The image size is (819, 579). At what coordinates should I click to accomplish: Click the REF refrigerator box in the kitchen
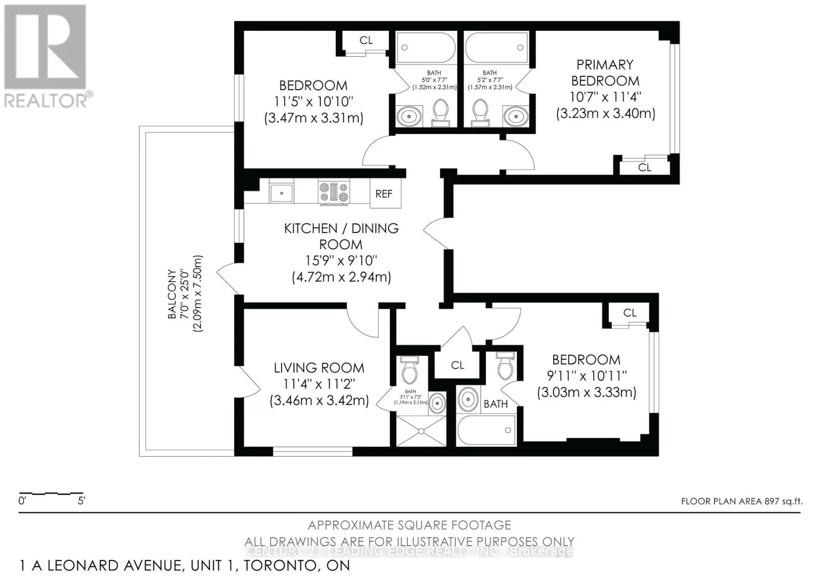click(384, 194)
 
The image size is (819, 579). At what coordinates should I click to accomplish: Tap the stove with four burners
click(334, 192)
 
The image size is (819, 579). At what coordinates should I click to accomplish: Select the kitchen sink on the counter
click(281, 193)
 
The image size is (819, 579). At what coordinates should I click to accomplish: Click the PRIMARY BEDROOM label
click(605, 73)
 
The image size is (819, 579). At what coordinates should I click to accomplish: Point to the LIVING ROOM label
click(319, 368)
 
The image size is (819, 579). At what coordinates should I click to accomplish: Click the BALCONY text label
click(172, 294)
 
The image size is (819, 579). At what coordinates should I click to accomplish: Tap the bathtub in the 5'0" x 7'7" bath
click(426, 49)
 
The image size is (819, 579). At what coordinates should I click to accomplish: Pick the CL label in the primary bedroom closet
click(644, 167)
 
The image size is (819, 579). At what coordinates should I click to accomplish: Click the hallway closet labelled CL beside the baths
click(458, 365)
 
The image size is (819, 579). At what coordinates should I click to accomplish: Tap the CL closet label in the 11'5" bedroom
click(366, 40)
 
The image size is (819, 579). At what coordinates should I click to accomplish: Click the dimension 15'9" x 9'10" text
click(341, 261)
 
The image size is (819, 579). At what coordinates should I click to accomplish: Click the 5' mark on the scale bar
click(81, 501)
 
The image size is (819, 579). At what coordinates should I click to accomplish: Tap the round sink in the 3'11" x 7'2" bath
click(437, 403)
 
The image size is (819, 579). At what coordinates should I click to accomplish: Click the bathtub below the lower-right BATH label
click(486, 430)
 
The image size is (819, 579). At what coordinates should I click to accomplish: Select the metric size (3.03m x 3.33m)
click(587, 392)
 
